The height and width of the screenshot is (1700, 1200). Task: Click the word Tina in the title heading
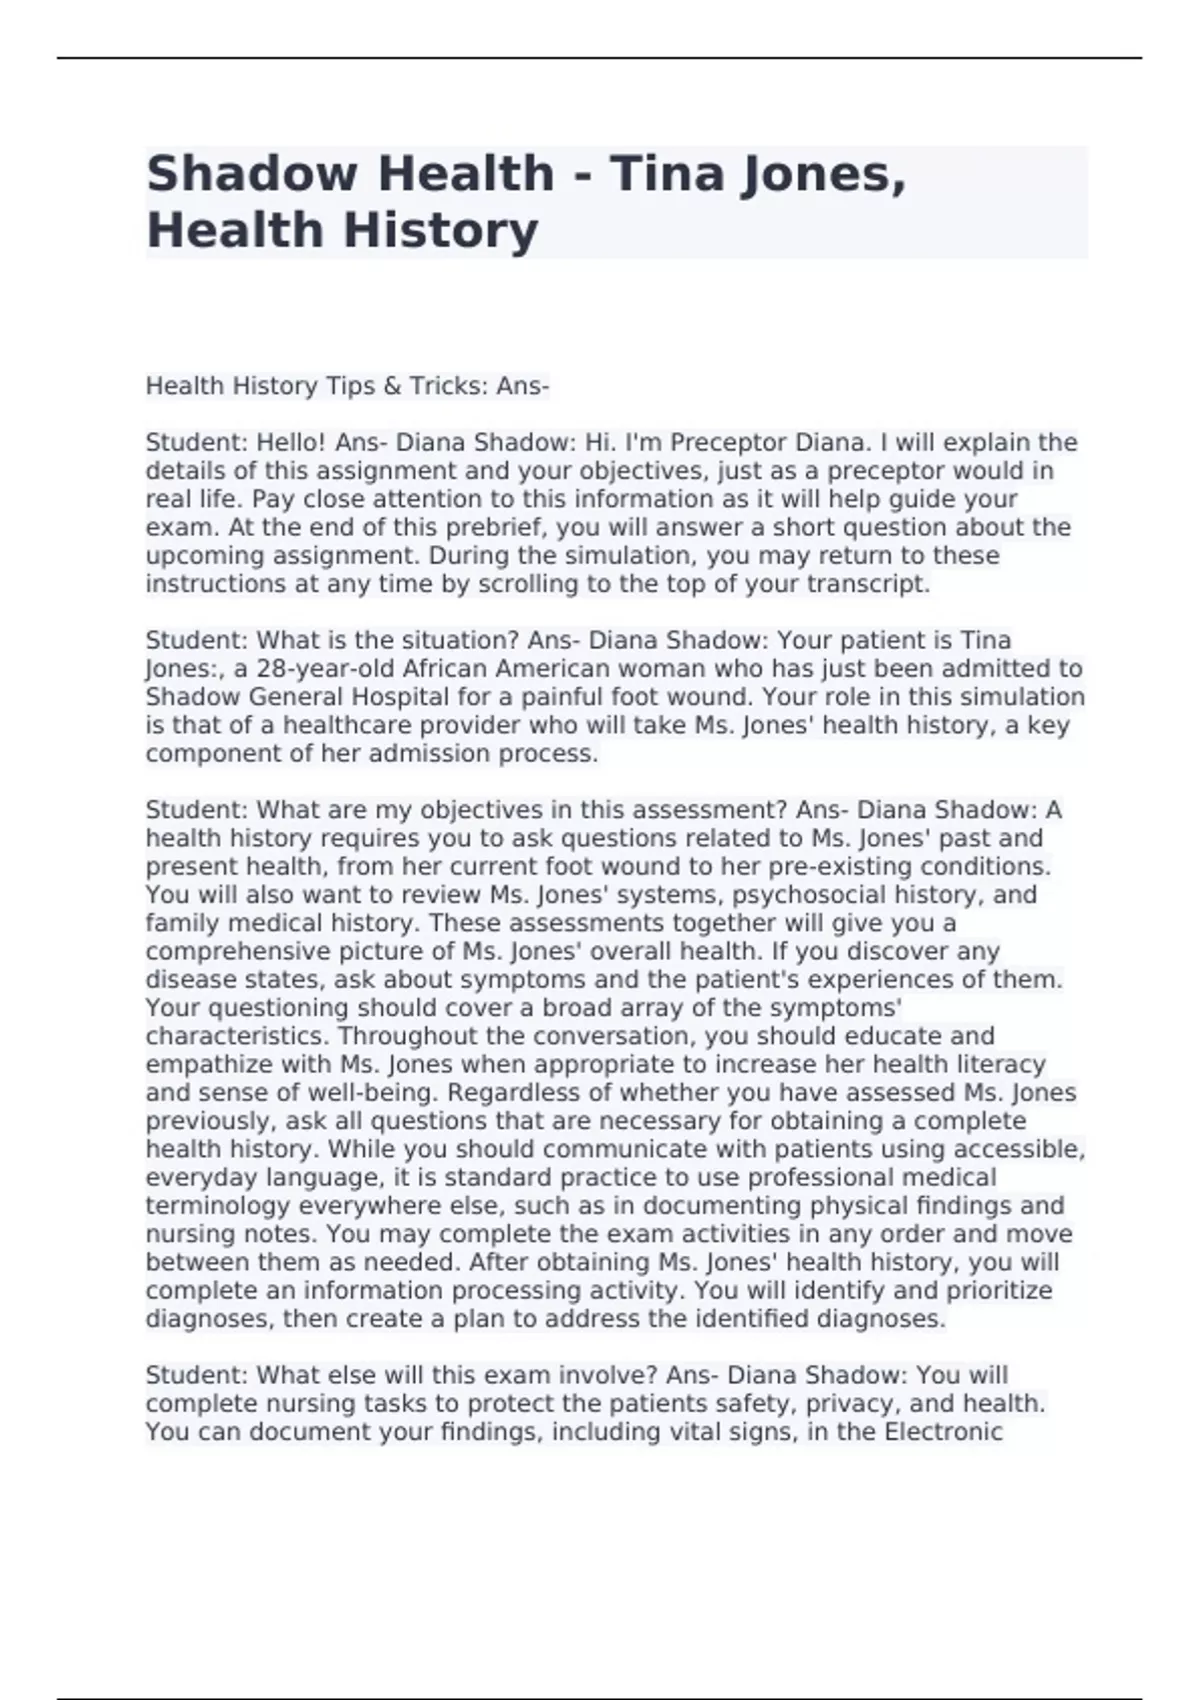coord(667,173)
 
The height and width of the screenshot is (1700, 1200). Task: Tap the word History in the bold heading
coord(440,230)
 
